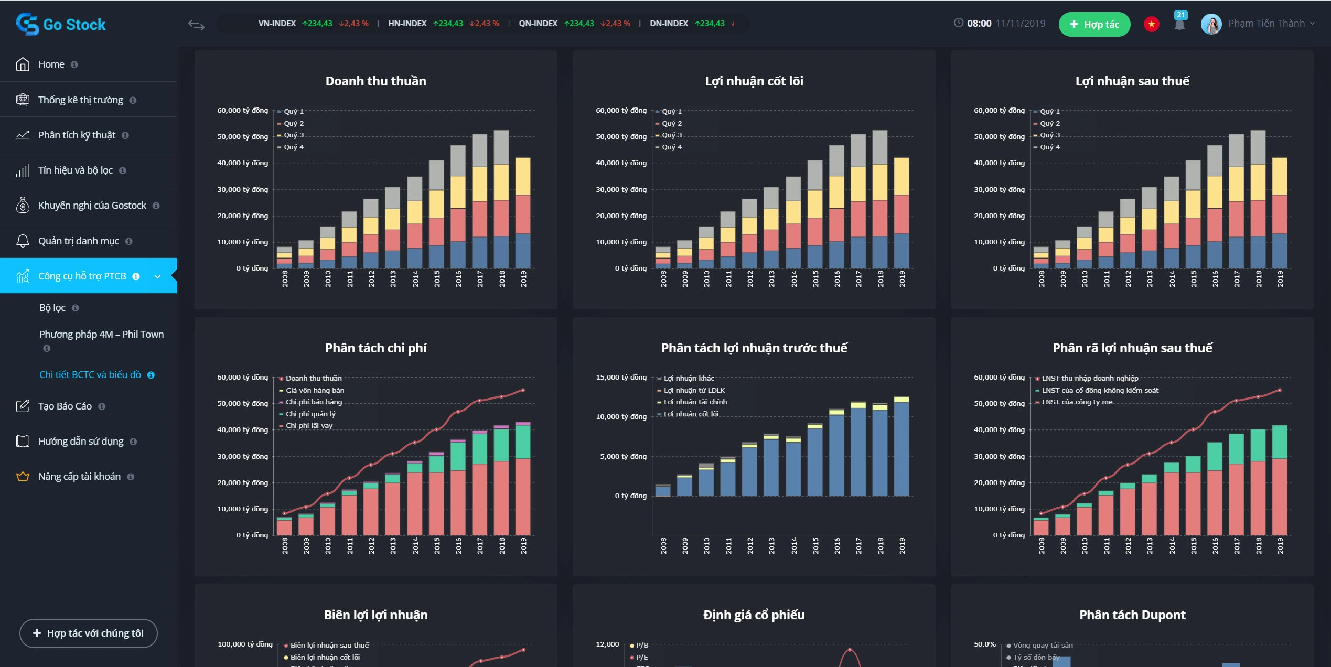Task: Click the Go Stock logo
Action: [61, 24]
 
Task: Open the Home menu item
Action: [51, 64]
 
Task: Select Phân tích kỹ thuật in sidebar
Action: [77, 135]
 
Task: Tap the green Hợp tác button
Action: [1094, 24]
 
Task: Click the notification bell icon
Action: [1179, 24]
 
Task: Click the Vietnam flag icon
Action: [1151, 24]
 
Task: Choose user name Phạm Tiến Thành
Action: [1266, 24]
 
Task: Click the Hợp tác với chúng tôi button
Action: [89, 633]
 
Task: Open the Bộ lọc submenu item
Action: [52, 308]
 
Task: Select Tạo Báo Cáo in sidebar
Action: [65, 406]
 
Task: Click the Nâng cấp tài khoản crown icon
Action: [23, 477]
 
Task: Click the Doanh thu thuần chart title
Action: [375, 81]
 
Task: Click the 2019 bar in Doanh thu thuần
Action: [523, 213]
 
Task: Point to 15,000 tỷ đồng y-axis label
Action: [621, 378]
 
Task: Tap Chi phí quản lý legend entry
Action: [310, 414]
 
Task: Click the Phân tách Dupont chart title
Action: [1132, 615]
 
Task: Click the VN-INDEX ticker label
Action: [277, 24]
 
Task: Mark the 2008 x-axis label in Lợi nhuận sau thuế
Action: [1042, 279]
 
